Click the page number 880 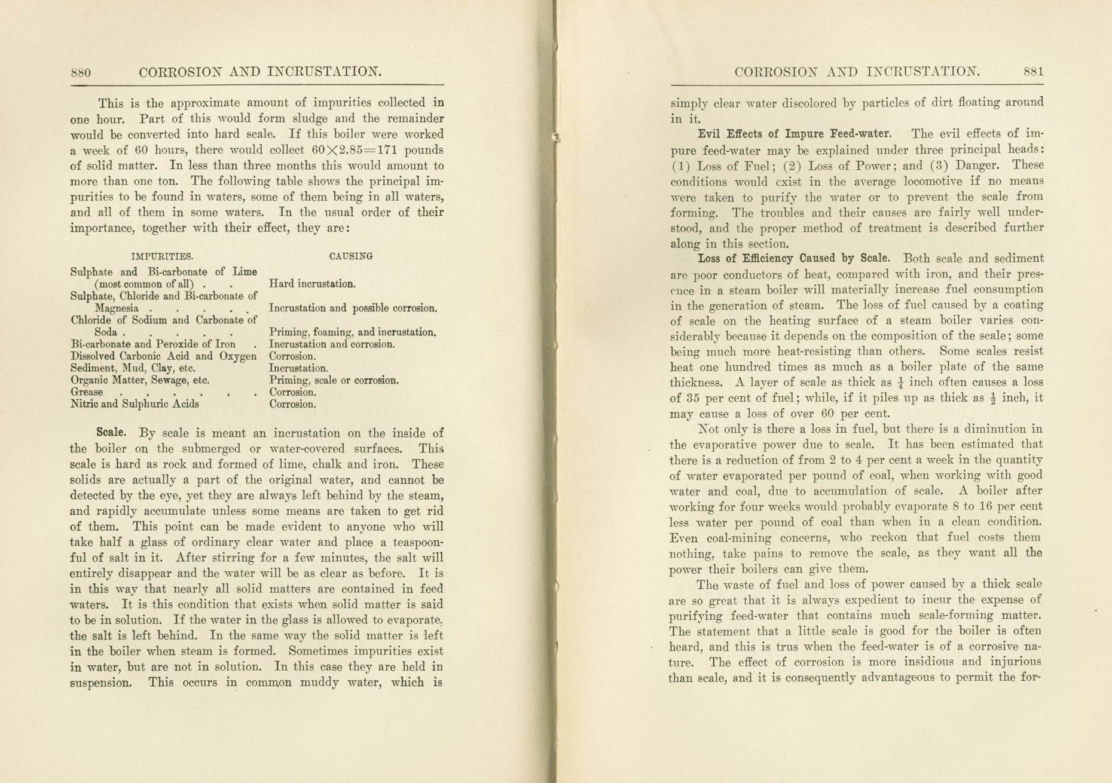coord(81,73)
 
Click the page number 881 coord(1033,72)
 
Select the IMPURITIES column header coord(162,256)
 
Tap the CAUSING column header coord(351,256)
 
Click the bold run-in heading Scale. coord(111,432)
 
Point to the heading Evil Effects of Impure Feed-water coord(795,134)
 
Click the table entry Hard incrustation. coord(312,284)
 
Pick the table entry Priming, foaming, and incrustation coord(352,332)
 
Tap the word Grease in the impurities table coord(87,392)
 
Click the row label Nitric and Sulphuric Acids coord(135,404)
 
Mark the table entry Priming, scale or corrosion coord(334,380)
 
